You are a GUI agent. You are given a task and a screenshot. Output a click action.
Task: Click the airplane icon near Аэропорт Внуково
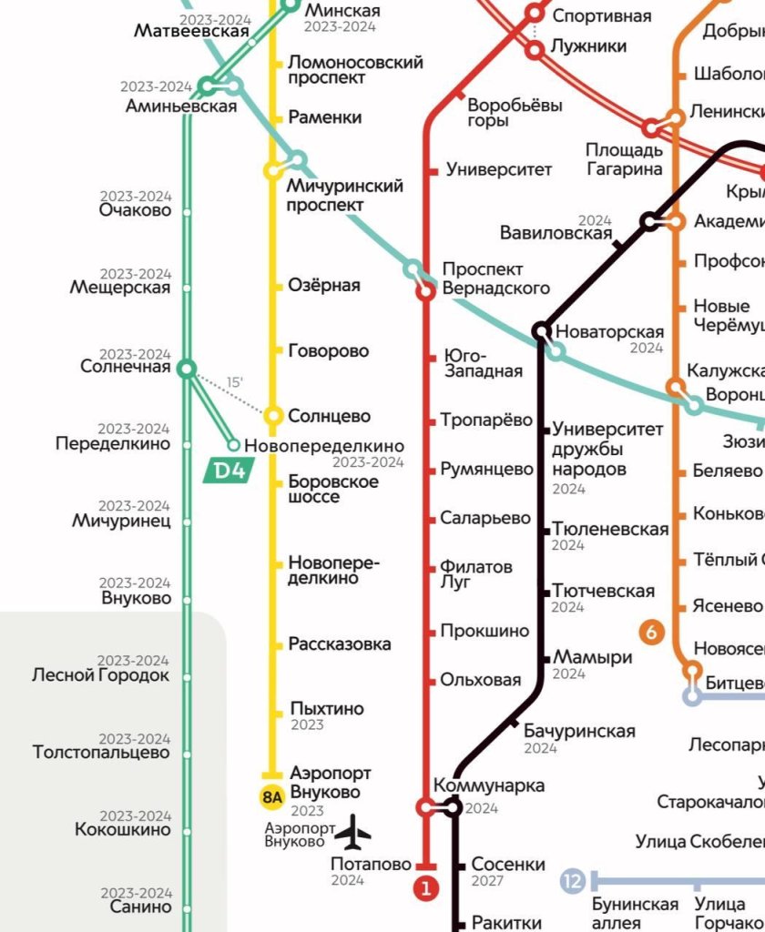(x=353, y=831)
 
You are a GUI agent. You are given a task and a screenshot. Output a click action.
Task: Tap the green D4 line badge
(x=228, y=471)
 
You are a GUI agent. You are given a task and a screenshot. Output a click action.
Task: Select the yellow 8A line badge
(x=272, y=797)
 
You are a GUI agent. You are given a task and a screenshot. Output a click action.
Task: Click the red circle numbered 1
(x=426, y=887)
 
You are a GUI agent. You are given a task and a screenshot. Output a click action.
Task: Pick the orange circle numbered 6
(x=651, y=632)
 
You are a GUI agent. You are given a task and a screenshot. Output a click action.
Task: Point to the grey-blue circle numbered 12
(x=572, y=881)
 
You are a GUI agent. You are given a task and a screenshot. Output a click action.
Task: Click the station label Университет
(x=499, y=169)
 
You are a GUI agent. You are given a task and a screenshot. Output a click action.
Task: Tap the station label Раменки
(x=324, y=117)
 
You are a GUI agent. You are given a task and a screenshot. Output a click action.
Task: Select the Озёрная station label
(x=323, y=285)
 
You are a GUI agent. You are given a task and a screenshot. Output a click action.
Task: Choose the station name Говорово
(x=328, y=350)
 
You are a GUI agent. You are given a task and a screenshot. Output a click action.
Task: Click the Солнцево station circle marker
(x=272, y=416)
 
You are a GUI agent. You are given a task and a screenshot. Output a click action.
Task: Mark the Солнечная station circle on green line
(x=187, y=369)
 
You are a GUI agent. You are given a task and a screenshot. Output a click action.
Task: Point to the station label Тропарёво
(x=486, y=420)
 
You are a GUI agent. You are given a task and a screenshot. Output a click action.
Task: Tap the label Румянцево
(x=486, y=470)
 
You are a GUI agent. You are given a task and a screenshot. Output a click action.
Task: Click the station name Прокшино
(x=484, y=631)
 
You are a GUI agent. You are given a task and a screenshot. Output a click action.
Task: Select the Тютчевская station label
(x=603, y=591)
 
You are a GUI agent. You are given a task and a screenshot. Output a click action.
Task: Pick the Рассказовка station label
(x=340, y=643)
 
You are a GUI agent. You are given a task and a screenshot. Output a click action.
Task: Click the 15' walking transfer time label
(x=235, y=383)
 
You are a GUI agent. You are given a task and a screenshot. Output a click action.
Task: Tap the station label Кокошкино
(x=123, y=830)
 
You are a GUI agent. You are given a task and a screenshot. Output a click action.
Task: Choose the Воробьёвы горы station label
(x=515, y=113)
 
